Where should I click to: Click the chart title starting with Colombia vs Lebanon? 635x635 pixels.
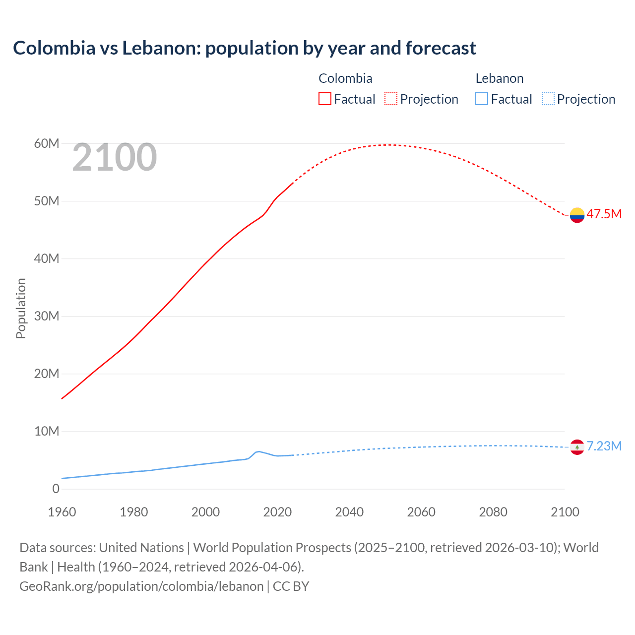[x=244, y=48]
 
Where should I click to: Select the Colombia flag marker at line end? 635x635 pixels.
[x=577, y=215]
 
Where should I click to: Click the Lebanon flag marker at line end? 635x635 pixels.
[x=577, y=447]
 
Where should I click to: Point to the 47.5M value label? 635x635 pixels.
[x=604, y=214]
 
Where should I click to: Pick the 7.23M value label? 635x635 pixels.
[x=604, y=446]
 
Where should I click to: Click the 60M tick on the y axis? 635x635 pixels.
[x=47, y=144]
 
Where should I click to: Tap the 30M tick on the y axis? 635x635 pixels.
[x=47, y=317]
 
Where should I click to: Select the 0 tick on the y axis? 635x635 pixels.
[x=56, y=489]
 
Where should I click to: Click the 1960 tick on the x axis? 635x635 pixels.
[x=62, y=512]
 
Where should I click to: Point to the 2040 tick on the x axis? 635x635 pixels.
[x=349, y=512]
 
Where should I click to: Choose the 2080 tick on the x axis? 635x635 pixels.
[x=493, y=512]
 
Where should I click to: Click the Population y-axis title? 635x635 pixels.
[x=21, y=308]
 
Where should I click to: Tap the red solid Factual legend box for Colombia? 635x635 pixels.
[x=324, y=99]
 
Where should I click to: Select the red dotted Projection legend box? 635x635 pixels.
[x=391, y=99]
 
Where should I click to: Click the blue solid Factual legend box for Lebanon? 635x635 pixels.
[x=482, y=99]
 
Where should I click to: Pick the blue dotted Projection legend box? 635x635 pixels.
[x=548, y=99]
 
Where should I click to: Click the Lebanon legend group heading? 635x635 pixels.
[x=499, y=78]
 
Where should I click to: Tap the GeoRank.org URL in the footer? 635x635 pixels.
[x=141, y=586]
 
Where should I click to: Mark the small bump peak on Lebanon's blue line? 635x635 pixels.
[x=258, y=451]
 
